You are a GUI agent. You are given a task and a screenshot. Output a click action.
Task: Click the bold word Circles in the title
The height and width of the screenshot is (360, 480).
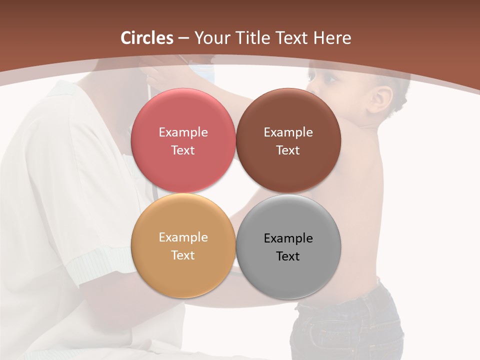[x=147, y=38]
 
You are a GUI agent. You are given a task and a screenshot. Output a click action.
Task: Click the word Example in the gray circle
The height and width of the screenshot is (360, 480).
[x=288, y=238]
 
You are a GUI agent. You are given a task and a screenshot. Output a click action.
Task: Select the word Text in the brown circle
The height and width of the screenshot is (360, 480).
[x=288, y=150]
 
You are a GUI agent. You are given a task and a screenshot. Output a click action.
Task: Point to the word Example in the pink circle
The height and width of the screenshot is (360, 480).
[x=183, y=132]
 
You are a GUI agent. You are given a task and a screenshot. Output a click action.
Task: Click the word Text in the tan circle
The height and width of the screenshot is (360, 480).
[x=183, y=255]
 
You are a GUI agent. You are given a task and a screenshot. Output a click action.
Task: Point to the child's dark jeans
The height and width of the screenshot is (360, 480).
[x=350, y=325]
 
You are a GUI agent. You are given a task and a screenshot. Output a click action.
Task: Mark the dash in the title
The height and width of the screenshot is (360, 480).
[x=183, y=38]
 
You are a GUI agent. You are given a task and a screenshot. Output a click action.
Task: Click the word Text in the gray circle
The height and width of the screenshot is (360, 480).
[x=288, y=256]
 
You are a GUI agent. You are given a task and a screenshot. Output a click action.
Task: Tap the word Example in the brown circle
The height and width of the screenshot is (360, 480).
[x=288, y=132]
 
